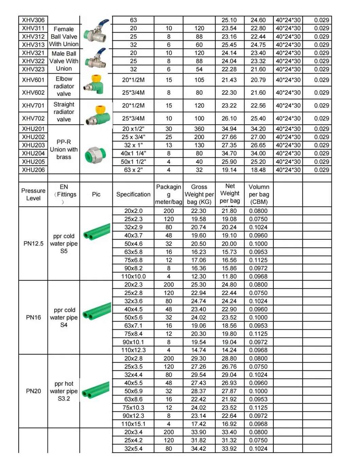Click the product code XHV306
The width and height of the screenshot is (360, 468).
33,20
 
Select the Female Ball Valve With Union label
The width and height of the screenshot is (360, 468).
64,37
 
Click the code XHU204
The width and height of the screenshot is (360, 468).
33,154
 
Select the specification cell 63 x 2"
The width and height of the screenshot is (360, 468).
133,170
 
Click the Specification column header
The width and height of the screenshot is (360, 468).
133,194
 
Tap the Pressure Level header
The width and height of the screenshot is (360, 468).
33,194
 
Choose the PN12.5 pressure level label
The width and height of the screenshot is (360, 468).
33,244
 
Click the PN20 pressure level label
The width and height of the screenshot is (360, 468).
33,391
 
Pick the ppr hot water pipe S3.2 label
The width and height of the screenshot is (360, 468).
64,391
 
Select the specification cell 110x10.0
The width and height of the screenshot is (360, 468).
133,276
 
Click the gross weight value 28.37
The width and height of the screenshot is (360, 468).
199,391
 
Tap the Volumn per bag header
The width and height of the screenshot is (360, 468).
258,194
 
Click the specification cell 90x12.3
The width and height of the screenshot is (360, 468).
133,416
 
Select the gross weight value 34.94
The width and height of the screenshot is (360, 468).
229,129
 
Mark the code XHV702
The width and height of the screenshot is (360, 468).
33,119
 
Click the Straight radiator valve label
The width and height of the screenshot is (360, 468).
64,112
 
